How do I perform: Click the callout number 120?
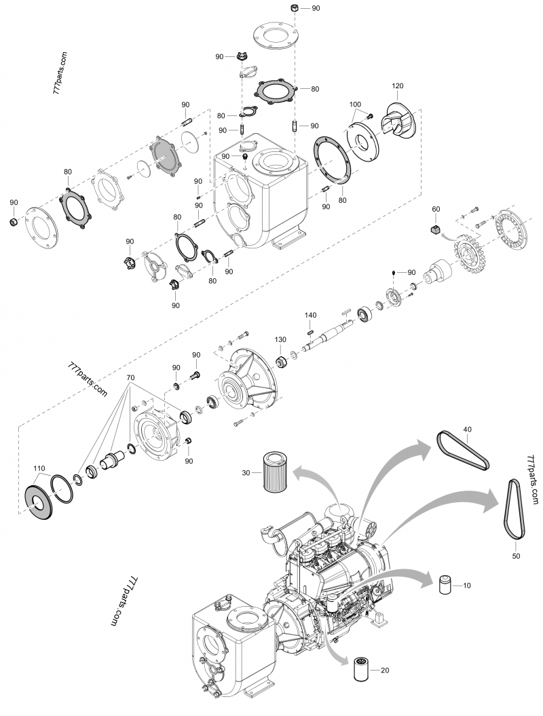click(398, 86)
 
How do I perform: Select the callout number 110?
click(39, 469)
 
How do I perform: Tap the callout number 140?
click(310, 316)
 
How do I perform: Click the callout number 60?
click(436, 209)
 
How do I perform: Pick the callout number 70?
click(130, 377)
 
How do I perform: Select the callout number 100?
click(355, 105)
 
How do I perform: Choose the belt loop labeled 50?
click(515, 509)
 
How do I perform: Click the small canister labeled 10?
click(445, 584)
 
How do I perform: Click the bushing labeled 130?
click(280, 359)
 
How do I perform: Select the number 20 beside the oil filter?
click(385, 671)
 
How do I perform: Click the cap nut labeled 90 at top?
click(295, 8)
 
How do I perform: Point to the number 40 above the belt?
click(467, 430)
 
